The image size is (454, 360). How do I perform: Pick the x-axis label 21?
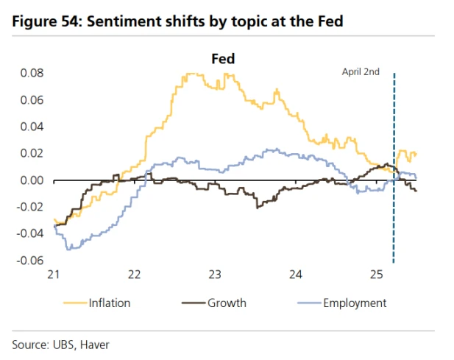[52, 275]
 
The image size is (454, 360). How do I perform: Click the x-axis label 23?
[214, 275]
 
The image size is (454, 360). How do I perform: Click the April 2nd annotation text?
[360, 71]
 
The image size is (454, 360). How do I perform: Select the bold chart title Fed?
[223, 57]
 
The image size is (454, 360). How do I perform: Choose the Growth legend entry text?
[227, 303]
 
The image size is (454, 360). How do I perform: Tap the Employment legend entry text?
[355, 303]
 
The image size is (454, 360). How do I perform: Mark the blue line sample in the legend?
[311, 303]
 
